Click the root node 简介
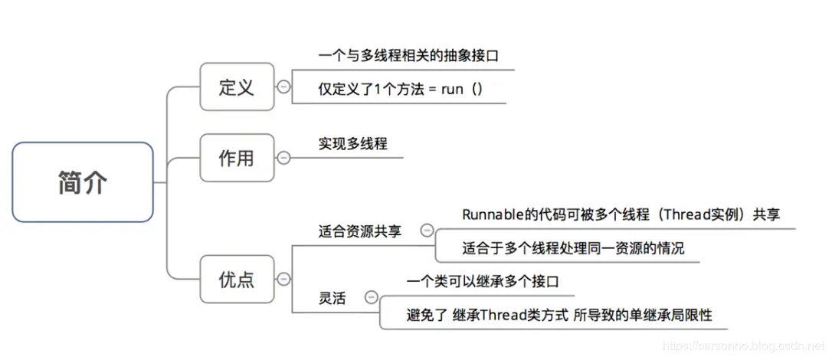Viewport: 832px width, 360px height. pyautogui.click(x=83, y=182)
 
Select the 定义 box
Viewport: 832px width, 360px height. pyautogui.click(x=236, y=87)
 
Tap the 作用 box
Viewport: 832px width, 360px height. pyautogui.click(x=236, y=158)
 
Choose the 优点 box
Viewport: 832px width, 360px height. pyautogui.click(x=236, y=280)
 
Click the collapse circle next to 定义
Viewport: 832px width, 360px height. pyautogui.click(x=283, y=87)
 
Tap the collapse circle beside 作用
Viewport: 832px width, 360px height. pyautogui.click(x=283, y=158)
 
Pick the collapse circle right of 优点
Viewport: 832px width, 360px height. pyautogui.click(x=283, y=280)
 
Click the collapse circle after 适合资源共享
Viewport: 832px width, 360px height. pyautogui.click(x=427, y=230)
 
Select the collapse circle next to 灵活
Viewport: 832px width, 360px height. pyautogui.click(x=372, y=297)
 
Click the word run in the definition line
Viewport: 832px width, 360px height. pyautogui.click(x=453, y=89)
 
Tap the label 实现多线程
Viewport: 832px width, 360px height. pyautogui.click(x=352, y=143)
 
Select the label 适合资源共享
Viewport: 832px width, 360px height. pyautogui.click(x=359, y=231)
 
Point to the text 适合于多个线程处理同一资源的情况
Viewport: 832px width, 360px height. pyautogui.click(x=573, y=248)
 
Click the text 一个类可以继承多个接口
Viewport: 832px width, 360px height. pyautogui.click(x=483, y=281)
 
